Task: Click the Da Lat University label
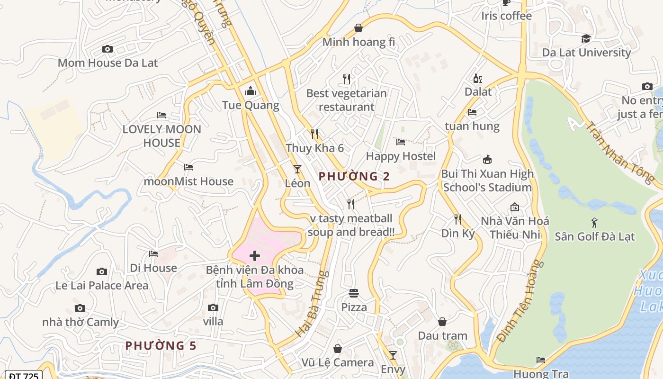tap(586, 52)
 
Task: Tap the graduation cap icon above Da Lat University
tap(586, 38)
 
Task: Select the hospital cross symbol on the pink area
tap(255, 256)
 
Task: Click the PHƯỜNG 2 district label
tap(354, 176)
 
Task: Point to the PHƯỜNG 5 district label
tap(161, 345)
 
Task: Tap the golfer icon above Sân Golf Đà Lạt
tap(594, 222)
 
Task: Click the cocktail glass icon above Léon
tap(297, 169)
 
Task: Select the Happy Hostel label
tap(401, 156)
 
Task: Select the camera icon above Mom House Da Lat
tap(108, 49)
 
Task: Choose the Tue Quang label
tap(251, 105)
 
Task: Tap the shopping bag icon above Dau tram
tap(442, 322)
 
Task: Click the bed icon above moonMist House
tap(188, 167)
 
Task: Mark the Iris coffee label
tap(506, 16)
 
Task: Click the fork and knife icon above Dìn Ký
tap(458, 219)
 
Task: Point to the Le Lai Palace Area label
tap(102, 285)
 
